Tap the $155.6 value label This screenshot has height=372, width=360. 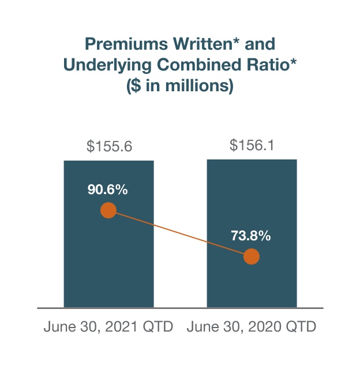coord(109,147)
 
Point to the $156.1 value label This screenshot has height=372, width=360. coord(252,146)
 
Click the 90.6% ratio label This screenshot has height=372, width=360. coord(108,189)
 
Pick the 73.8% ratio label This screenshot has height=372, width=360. coord(251,236)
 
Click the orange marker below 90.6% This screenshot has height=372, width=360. coord(108,210)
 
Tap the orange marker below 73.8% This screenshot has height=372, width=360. coord(252,256)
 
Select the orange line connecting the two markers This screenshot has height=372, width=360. coord(180,233)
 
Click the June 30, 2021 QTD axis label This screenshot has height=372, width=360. coord(108,327)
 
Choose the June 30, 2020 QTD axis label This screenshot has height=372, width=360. coord(252,327)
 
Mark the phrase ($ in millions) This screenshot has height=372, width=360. coord(180,87)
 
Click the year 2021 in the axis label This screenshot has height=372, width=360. coord(124,327)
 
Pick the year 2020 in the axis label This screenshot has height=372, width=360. coord(267,327)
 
